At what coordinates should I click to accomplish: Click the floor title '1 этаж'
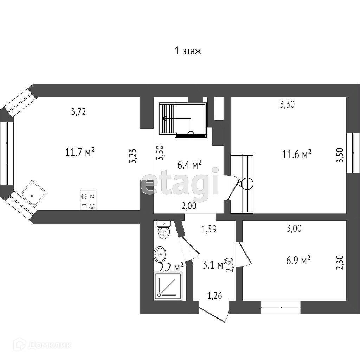(188, 51)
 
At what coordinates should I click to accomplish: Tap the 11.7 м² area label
(80, 153)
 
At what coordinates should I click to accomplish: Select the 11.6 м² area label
(297, 154)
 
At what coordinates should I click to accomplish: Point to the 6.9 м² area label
(297, 260)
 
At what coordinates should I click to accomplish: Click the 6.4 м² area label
(189, 165)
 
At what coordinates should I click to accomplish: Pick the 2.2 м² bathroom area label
(172, 268)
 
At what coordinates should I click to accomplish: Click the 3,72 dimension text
(78, 112)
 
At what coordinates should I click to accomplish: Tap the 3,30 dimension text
(287, 104)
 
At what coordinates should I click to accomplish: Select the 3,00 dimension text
(294, 229)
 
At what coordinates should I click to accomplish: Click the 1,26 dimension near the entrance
(215, 296)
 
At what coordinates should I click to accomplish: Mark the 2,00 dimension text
(189, 206)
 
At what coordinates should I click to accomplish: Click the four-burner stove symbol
(88, 200)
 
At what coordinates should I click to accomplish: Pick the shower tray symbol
(168, 286)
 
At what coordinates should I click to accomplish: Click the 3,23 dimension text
(133, 156)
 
